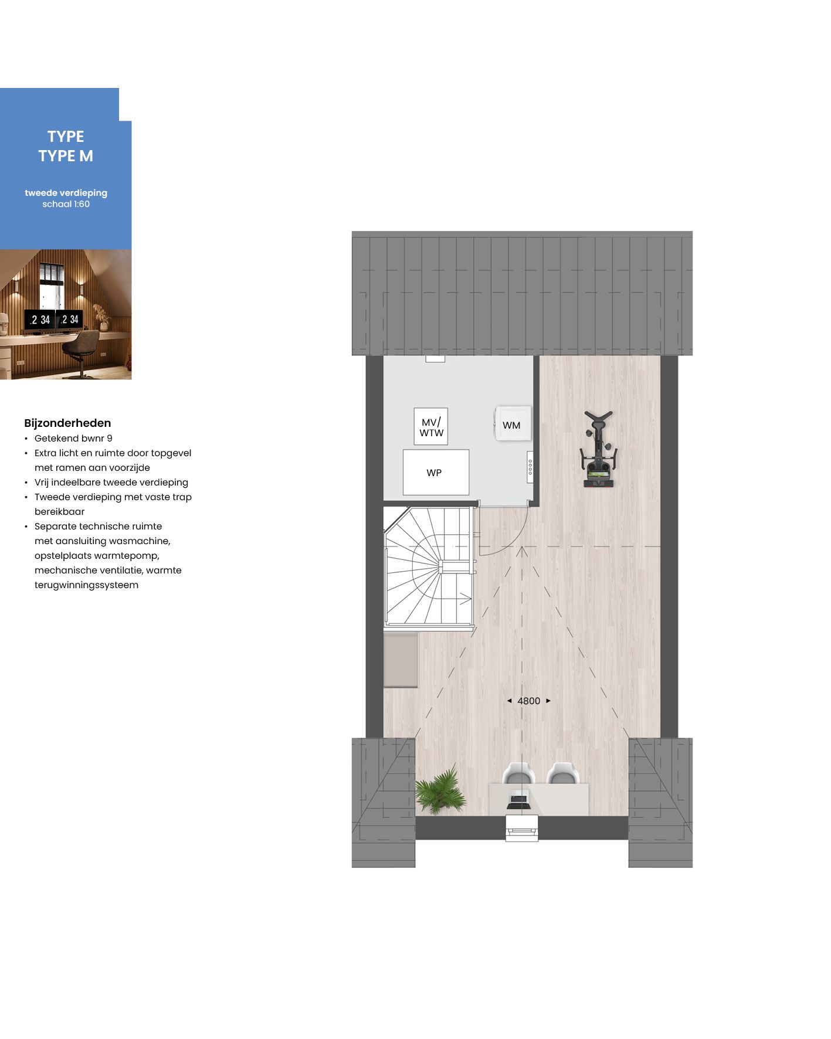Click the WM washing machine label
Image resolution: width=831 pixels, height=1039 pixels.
pos(511,425)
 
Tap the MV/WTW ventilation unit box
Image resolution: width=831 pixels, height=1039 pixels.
pos(431,427)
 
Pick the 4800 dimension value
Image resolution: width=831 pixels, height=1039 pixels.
pos(528,701)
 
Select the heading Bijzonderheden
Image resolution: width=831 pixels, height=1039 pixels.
pos(67,423)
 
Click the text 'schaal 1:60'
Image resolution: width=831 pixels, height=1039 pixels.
pos(66,204)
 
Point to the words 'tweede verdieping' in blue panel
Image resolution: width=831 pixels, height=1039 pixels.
pos(66,192)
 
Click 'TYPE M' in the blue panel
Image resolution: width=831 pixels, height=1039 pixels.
pos(66,156)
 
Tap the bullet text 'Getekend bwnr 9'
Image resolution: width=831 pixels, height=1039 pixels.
pos(73,438)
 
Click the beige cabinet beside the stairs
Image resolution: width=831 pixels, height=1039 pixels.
pos(401,659)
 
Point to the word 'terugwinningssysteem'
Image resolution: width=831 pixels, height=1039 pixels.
pos(86,585)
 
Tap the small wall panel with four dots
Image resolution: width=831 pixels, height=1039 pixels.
pos(530,467)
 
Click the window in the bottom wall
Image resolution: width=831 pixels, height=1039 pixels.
pos(521,829)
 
